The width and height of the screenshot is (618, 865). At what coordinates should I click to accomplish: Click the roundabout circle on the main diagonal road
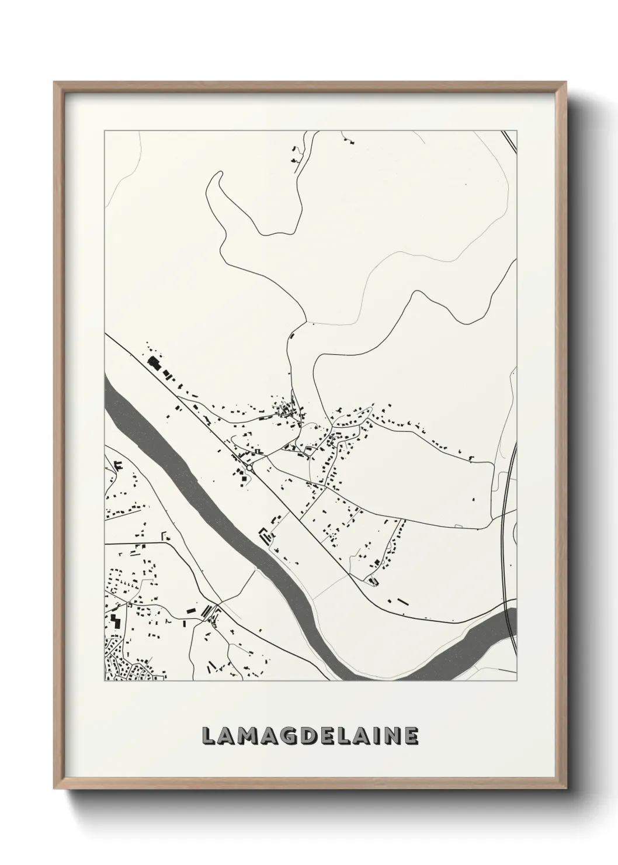250,468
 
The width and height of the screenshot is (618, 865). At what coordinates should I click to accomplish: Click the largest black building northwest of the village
154,362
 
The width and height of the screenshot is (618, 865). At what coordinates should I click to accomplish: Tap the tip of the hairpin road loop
219,174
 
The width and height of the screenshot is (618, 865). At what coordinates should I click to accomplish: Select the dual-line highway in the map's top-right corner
509,143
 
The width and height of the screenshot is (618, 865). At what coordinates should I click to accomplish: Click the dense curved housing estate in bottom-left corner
126,666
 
